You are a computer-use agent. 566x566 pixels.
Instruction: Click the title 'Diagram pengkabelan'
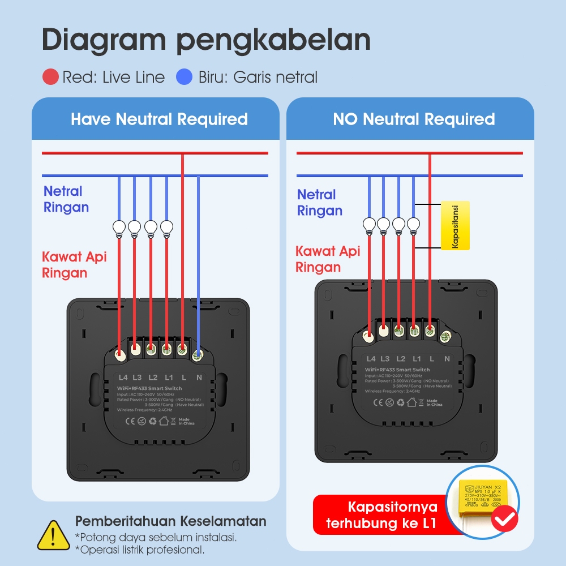206,41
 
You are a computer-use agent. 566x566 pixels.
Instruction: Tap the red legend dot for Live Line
51,77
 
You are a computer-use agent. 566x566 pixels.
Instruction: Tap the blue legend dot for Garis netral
185,77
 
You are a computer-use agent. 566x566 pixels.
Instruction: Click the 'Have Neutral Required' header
159,119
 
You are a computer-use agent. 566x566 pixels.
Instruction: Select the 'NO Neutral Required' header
414,119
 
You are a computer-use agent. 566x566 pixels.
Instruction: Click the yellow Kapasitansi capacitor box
455,225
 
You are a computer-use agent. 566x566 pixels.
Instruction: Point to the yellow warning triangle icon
53,535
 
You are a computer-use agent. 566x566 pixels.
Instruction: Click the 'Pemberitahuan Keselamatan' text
170,521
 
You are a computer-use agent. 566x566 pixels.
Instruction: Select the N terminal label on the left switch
199,377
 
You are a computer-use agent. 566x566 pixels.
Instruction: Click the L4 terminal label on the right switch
371,359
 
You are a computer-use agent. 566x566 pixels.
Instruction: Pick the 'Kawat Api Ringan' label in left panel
74,265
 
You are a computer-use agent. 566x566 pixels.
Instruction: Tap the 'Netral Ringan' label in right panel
320,203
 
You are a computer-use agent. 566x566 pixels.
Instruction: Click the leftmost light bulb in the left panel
119,228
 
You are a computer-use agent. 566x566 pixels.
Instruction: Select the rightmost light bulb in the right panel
414,224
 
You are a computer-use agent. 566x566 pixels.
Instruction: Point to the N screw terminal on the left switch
198,355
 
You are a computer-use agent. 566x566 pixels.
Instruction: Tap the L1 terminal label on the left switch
169,377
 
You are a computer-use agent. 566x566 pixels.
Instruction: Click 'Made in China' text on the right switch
434,402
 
